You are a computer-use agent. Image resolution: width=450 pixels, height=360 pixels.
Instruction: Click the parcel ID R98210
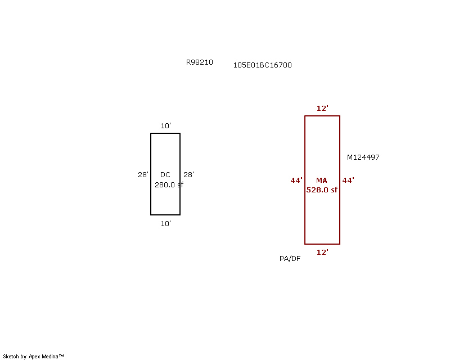pyautogui.click(x=200, y=62)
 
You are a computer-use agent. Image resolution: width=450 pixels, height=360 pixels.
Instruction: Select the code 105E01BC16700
pyautogui.click(x=262, y=65)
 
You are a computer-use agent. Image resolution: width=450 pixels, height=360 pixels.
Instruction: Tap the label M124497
pyautogui.click(x=363, y=157)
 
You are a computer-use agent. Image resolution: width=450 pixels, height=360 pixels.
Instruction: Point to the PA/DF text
pyautogui.click(x=290, y=259)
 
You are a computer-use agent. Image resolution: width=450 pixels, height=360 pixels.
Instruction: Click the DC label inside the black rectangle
pyautogui.click(x=165, y=175)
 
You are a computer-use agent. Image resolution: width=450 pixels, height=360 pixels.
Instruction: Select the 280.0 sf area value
pyautogui.click(x=169, y=184)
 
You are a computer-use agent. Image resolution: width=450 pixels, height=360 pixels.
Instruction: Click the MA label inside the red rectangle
pyautogui.click(x=321, y=181)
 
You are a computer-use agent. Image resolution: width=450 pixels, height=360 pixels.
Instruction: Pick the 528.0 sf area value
pyautogui.click(x=322, y=190)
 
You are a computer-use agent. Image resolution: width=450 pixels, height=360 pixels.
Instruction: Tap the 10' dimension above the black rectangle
pyautogui.click(x=165, y=126)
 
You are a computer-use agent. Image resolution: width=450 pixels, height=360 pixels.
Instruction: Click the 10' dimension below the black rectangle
pyautogui.click(x=165, y=224)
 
